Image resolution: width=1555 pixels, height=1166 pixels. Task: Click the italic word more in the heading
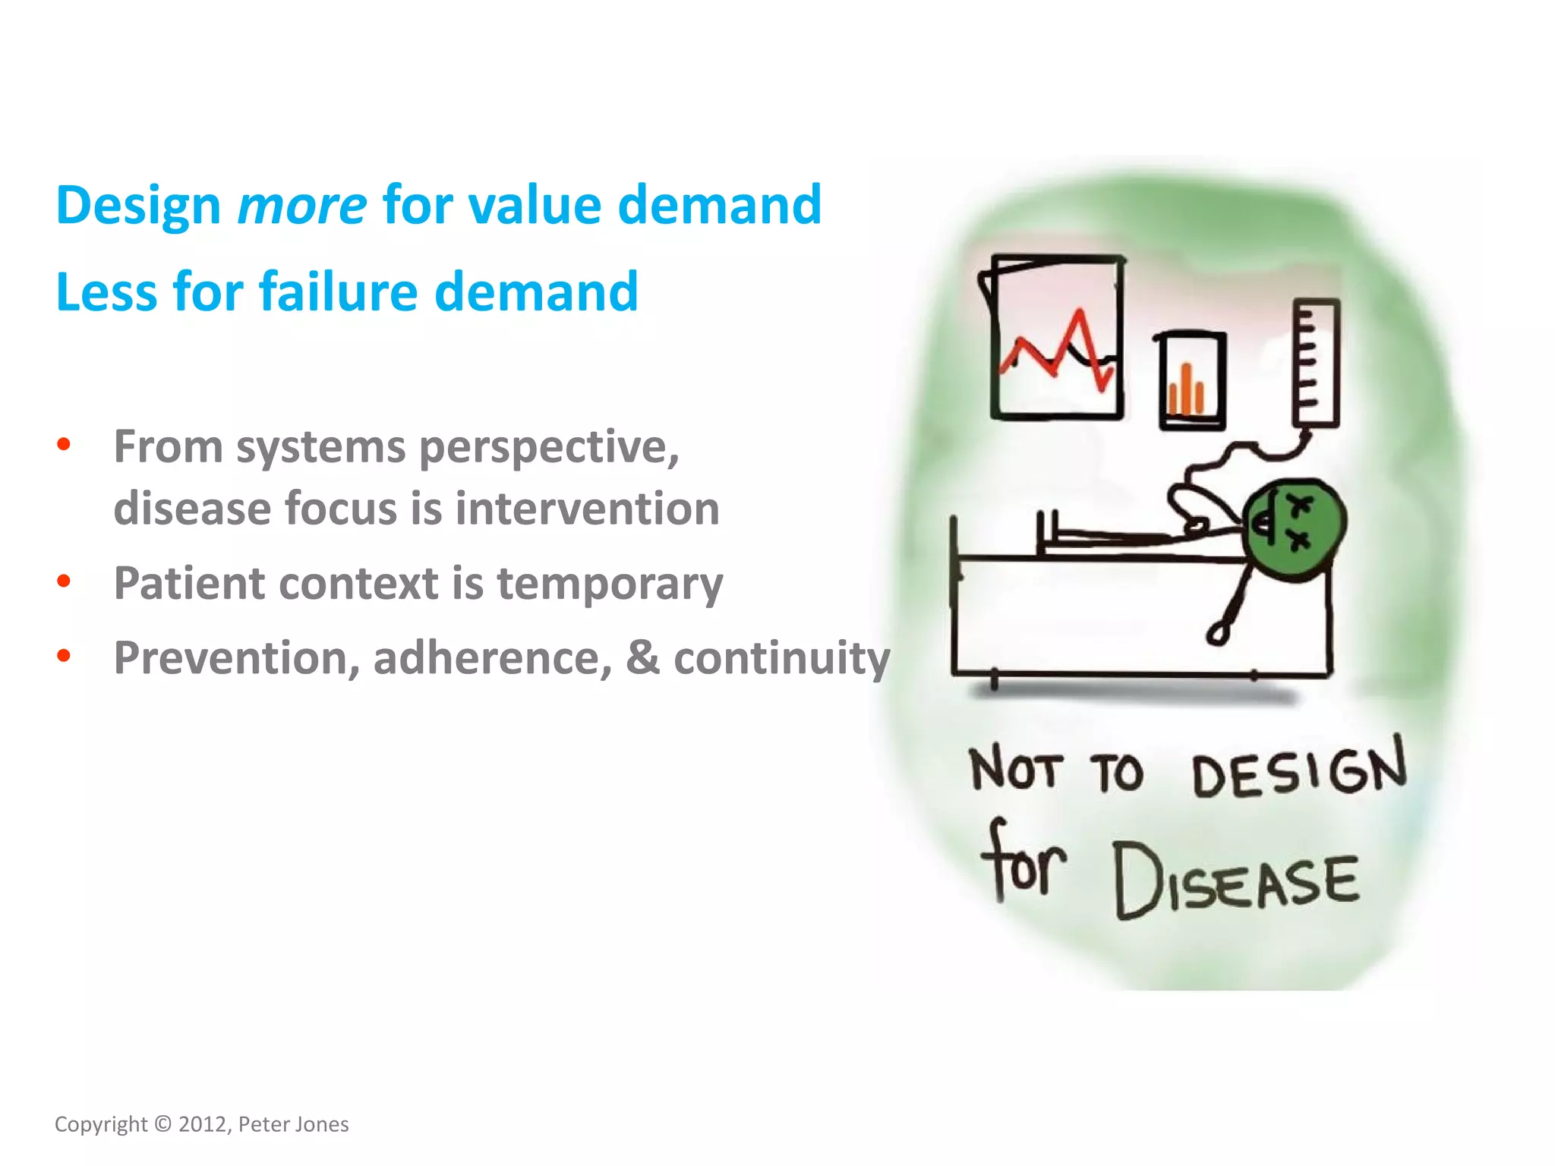coord(301,206)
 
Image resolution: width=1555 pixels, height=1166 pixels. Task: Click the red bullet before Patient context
coord(64,581)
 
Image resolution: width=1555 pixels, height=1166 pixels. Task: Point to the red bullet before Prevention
coord(64,655)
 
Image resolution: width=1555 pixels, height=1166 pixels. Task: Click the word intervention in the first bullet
coord(587,508)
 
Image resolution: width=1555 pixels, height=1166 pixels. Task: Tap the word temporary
coord(610,584)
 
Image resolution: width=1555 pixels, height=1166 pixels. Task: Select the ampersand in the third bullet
coord(642,657)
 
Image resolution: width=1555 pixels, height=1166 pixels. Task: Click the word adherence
coord(492,657)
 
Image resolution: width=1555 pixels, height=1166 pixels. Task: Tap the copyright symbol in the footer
coord(162,1124)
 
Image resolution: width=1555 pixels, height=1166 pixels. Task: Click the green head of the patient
coord(1294,529)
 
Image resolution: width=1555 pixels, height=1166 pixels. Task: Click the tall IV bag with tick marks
coord(1316,363)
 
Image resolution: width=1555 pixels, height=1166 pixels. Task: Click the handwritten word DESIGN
coord(1298,770)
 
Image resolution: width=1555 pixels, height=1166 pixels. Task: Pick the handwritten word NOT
coord(1014,770)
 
